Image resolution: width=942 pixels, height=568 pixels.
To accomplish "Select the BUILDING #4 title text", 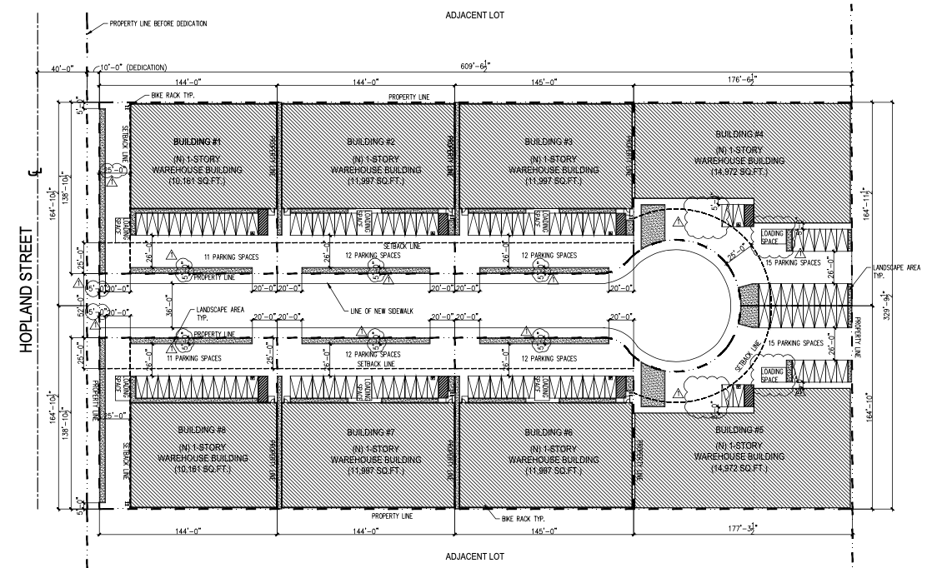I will coord(739,134).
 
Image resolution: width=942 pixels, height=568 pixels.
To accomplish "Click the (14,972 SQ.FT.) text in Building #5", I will coord(739,471).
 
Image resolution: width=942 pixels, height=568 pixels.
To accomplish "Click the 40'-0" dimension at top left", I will coord(63,67).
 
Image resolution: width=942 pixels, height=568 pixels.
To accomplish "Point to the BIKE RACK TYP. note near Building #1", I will coord(173,97).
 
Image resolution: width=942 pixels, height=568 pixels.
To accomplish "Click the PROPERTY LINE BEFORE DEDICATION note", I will coord(158,23).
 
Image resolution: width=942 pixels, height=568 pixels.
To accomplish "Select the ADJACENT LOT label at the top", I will coord(474,15).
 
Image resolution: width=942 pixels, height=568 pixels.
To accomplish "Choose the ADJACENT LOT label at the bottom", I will coord(474,556).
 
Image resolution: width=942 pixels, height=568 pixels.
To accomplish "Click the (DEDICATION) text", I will coord(148,67).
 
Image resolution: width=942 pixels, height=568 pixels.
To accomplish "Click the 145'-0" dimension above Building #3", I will coord(542,82).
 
